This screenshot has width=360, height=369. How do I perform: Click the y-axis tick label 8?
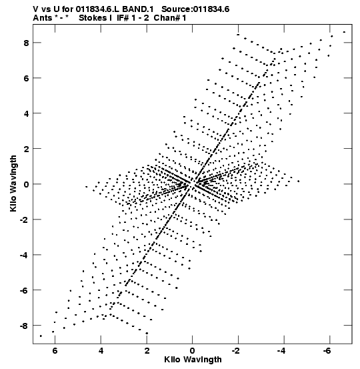pos(26,43)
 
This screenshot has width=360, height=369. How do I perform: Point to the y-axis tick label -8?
pos(24,326)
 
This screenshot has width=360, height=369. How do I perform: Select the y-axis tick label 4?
pos(26,114)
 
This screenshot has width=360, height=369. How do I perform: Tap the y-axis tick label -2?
pos(24,220)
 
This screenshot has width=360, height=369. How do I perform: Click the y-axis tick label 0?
pos(26,185)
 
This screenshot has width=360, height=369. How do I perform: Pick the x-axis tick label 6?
pos(55,351)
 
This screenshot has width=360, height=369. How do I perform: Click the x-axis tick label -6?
pos(327,351)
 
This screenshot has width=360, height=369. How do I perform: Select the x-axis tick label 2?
pos(147,351)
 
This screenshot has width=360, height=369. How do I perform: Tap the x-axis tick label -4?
pos(281,351)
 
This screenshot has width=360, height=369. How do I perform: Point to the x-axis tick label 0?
pos(193,351)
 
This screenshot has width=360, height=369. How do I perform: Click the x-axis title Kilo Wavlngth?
pos(193,360)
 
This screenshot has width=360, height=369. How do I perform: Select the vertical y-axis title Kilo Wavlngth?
pos(13,183)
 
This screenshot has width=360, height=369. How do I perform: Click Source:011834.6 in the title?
pos(195,9)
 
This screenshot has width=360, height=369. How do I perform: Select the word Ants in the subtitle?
pos(43,18)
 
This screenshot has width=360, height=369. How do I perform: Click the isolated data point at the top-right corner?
pos(344,32)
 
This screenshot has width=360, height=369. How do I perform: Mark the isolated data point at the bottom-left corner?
pos(41,336)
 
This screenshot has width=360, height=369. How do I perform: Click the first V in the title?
pos(36,9)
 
